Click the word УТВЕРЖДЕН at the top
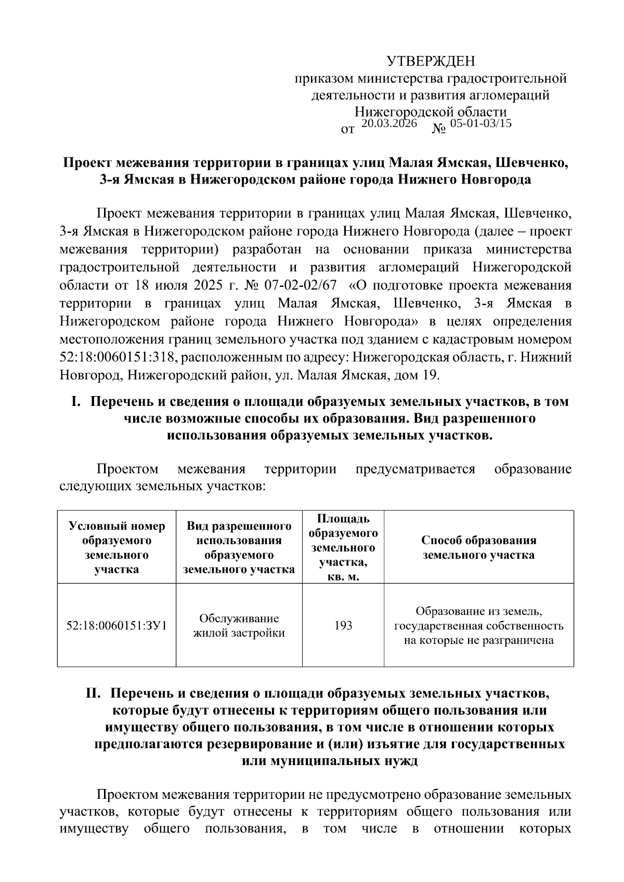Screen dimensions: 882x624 pyautogui.click(x=431, y=62)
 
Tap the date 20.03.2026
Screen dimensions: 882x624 pyautogui.click(x=389, y=124)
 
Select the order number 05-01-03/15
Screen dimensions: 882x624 pyautogui.click(x=480, y=124)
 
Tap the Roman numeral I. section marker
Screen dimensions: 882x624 pyautogui.click(x=76, y=402)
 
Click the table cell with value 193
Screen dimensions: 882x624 pyautogui.click(x=343, y=625)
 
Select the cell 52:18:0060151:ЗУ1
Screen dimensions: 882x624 pyautogui.click(x=116, y=625)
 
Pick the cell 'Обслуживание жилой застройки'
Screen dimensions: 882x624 pyautogui.click(x=239, y=625)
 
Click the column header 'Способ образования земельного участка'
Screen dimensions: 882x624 pyautogui.click(x=478, y=547)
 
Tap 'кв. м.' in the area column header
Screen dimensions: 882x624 pyautogui.click(x=343, y=577)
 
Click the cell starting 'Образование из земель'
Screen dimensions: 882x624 pyautogui.click(x=478, y=625)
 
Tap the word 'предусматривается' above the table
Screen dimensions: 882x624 pyautogui.click(x=415, y=469)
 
